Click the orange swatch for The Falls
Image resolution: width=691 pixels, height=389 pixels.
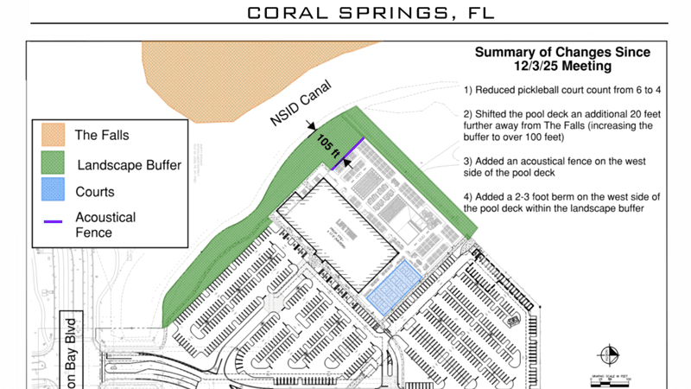(x=54, y=134)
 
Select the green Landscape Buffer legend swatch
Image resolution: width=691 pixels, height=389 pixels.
(x=54, y=163)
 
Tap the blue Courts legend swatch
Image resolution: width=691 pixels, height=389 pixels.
(x=54, y=192)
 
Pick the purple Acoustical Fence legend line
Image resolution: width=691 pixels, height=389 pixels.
(x=54, y=221)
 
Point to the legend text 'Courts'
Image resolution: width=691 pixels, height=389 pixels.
(x=94, y=192)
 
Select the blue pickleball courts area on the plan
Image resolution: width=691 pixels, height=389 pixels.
(x=393, y=284)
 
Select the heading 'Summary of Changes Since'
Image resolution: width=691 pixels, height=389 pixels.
(x=561, y=53)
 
